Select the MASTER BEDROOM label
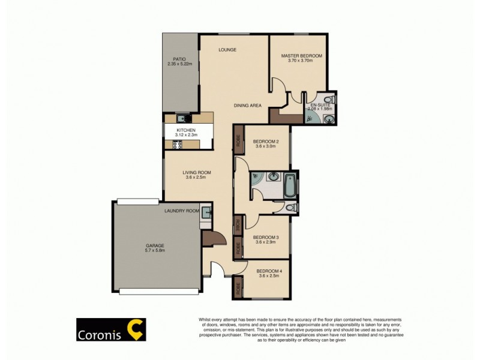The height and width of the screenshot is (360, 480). coord(302,56)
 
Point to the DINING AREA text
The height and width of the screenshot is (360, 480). coord(248,106)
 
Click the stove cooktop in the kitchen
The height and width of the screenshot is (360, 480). coord(178,144)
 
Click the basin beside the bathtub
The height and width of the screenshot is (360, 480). coord(274,177)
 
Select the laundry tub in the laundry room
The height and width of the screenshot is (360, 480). coord(206,211)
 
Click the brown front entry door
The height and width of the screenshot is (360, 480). coord(214,238)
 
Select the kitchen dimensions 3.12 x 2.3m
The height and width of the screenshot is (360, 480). coord(186,136)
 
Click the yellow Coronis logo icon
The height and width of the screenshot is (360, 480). coord(137,330)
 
